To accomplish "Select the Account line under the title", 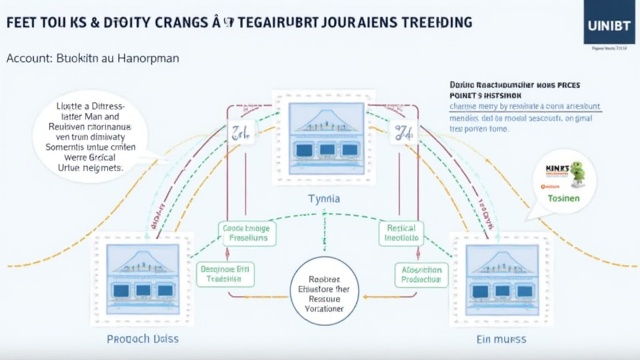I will pos(92,58).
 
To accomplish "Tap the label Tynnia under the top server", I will pos(323,198).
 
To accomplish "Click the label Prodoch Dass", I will pos(142,339).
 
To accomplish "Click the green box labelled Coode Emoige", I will pos(246,233).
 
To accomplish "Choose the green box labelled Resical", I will pos(401,233).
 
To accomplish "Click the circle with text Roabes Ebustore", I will pos(325,290).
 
